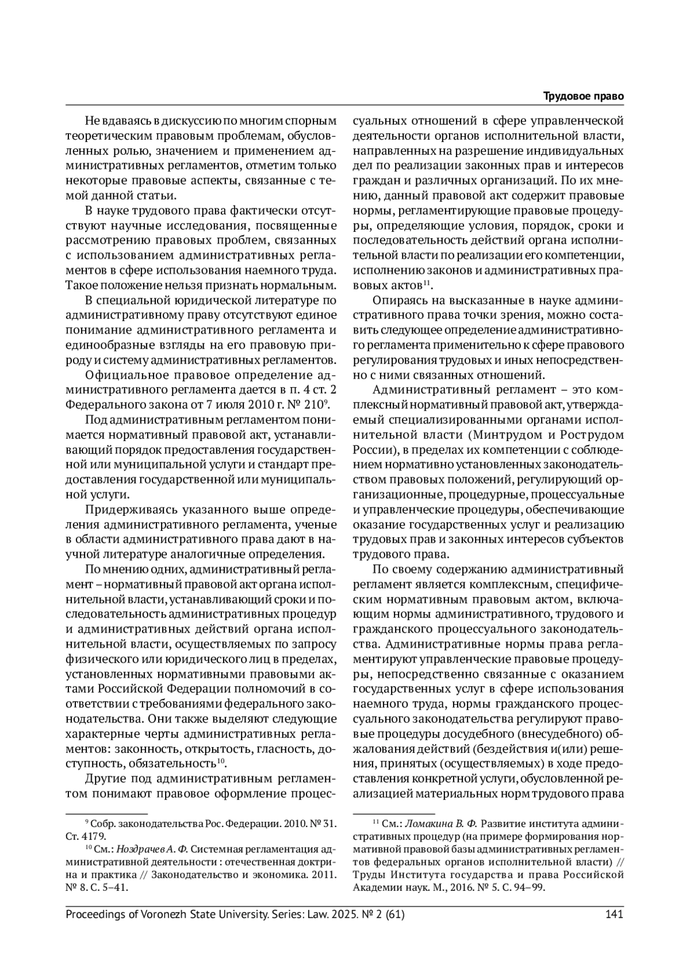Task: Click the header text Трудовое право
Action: click(584, 96)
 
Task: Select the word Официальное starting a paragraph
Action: click(118, 376)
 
